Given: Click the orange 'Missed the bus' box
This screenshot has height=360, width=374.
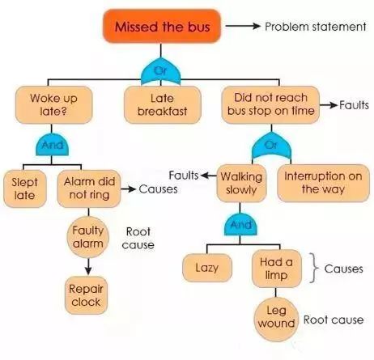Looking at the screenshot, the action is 162,26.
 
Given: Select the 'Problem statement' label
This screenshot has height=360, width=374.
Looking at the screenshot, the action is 315,27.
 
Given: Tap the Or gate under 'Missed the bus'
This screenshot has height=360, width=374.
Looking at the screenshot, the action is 161,71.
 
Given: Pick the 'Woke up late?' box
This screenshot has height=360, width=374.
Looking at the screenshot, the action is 54,104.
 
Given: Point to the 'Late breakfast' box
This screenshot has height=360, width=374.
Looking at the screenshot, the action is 163,104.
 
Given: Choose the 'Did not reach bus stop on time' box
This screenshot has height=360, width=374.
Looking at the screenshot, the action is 270,104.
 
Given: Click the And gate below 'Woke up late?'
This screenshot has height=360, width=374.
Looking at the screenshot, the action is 52,145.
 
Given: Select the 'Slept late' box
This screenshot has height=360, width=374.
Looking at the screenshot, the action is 25,188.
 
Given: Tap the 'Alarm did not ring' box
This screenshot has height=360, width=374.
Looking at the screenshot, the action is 89,188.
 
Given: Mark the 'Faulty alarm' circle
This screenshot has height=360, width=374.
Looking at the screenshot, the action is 88,237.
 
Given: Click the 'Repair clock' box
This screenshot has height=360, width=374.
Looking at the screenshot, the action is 86,295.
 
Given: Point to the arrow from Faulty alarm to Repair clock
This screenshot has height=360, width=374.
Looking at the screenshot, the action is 88,266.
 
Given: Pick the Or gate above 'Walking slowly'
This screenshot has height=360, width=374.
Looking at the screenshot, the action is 271,146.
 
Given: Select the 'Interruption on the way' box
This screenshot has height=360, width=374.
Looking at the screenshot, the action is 323,183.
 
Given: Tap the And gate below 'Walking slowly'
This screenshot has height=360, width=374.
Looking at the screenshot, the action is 240,225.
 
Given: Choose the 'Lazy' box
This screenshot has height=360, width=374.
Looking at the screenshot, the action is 207,268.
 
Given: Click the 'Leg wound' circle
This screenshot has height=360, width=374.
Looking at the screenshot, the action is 276,320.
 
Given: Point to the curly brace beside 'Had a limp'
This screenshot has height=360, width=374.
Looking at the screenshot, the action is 313,268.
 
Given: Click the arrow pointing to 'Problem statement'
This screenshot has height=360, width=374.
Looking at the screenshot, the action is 243,26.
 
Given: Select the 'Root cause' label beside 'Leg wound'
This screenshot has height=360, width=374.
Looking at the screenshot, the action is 334,320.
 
